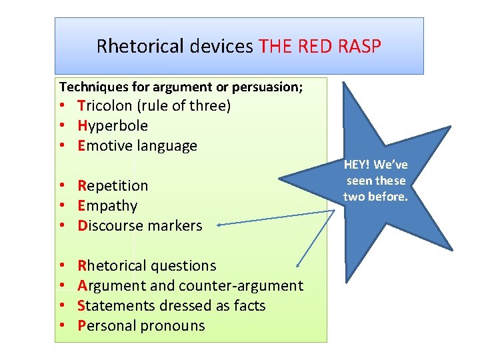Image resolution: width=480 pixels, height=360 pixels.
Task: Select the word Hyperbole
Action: click(x=113, y=125)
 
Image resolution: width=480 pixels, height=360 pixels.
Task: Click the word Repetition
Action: click(x=113, y=185)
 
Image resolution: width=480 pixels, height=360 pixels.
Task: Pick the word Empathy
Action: click(x=107, y=205)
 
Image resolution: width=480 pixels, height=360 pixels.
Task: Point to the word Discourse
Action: click(x=108, y=225)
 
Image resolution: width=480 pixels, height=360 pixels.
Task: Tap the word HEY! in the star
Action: click(x=357, y=165)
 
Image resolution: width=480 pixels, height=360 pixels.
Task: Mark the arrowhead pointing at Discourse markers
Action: click(x=221, y=226)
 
